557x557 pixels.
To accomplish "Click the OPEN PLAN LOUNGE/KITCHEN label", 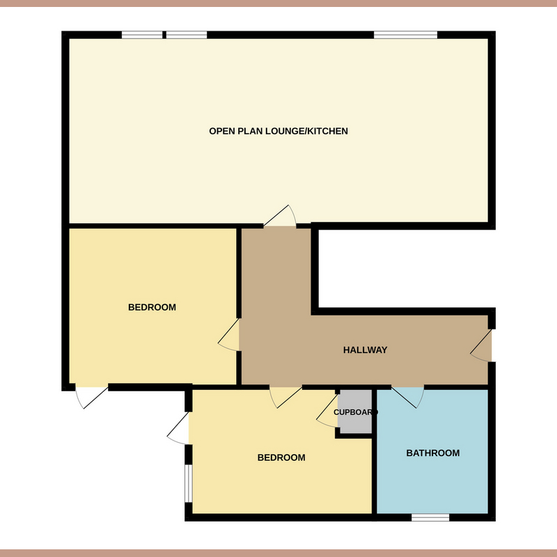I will pos(278,131).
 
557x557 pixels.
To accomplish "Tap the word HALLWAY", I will pos(365,350).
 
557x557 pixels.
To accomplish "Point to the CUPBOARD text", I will pos(355,412).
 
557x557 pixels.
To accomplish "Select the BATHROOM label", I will pos(433,453).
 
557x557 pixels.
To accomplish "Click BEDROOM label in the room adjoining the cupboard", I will pos(281,457).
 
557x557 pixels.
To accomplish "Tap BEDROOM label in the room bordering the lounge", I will pos(152,307).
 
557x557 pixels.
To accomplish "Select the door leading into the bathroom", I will pos(408,395).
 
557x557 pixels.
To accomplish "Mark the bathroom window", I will pos(430,517).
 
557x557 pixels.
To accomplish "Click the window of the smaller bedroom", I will pos(188,482).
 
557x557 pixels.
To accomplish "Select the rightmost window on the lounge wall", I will pos(405,35).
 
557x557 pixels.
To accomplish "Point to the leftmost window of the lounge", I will pos(143,35).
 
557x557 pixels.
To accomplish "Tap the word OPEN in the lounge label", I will pos(221,131).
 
